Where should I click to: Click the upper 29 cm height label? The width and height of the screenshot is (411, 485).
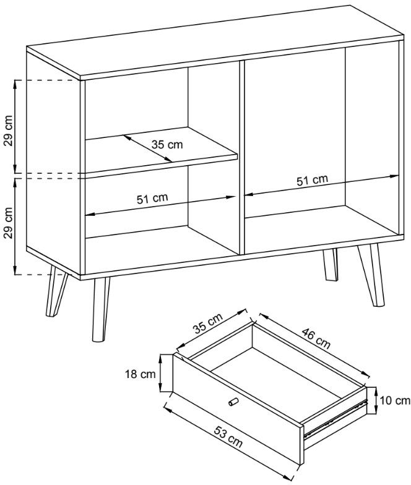[x=9, y=131]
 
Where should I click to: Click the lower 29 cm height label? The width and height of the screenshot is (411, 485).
[x=9, y=223]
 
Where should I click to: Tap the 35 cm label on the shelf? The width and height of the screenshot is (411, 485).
[x=167, y=145]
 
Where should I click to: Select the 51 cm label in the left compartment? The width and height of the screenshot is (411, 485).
[x=152, y=199]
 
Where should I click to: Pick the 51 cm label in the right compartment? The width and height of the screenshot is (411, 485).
[x=312, y=181]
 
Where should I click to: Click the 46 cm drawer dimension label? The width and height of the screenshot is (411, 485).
[x=316, y=338]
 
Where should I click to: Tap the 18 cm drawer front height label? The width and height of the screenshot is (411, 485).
[x=140, y=374]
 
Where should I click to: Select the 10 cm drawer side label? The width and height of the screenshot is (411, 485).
[x=395, y=401]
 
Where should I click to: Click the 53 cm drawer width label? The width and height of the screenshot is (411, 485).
[x=228, y=437]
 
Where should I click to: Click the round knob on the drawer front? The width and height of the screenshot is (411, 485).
[x=232, y=401]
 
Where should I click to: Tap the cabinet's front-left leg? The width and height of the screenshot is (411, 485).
[x=100, y=309]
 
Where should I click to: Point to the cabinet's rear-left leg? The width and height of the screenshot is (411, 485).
[x=56, y=291]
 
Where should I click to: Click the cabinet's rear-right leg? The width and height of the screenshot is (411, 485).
[x=331, y=265]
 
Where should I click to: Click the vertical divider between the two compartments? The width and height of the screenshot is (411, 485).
[x=241, y=158]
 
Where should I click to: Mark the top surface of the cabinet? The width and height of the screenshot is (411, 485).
[x=214, y=40]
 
